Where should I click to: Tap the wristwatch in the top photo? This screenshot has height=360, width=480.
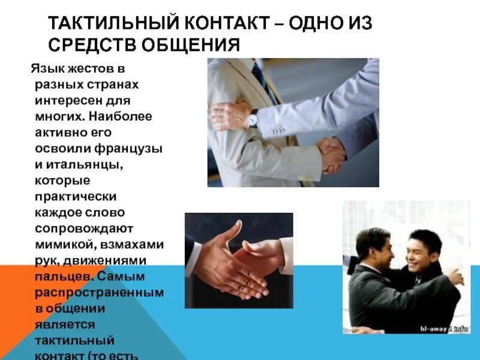(x=253, y=118)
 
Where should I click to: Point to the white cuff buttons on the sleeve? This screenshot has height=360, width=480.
(x=277, y=128)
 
